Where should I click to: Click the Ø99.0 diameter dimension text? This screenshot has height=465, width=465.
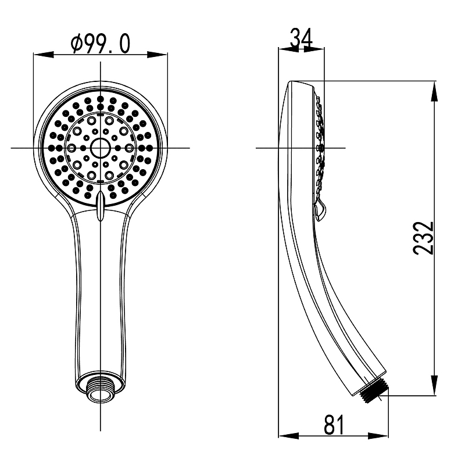[x=100, y=44]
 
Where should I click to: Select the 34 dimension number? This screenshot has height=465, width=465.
[x=301, y=38]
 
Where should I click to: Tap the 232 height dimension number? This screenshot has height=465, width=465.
[x=423, y=238]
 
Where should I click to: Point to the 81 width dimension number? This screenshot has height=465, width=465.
[x=334, y=424]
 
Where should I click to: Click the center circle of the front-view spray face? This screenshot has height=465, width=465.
[x=100, y=148]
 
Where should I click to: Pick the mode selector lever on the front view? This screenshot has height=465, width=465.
[x=100, y=206]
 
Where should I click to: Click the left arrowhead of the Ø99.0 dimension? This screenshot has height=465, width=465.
[x=43, y=55]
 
